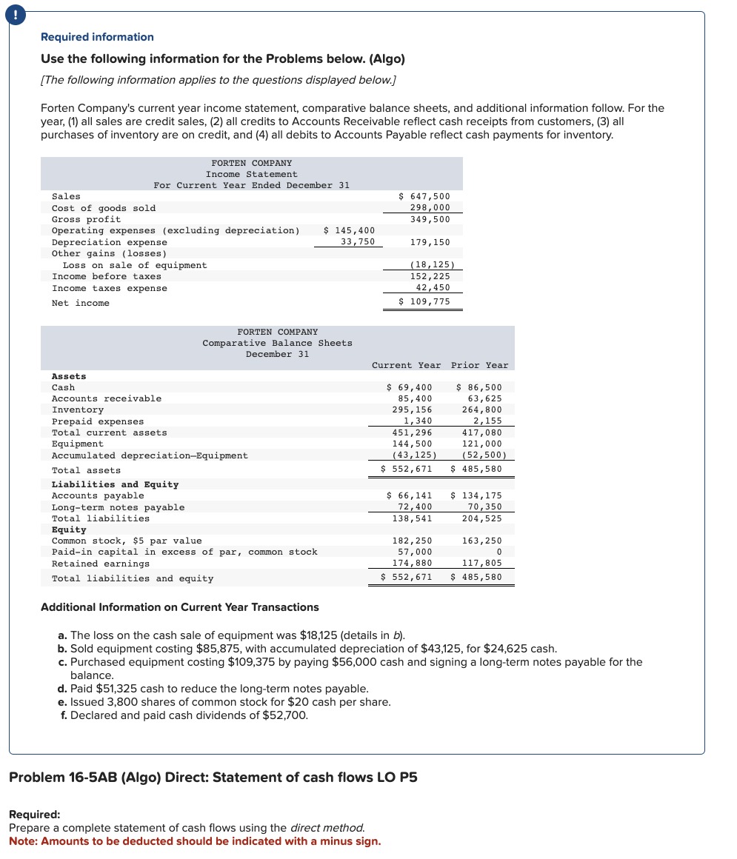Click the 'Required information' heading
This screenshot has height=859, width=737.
click(97, 37)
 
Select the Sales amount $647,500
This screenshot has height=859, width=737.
click(424, 196)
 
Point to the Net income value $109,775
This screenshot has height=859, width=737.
click(424, 302)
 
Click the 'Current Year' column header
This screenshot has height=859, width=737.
click(406, 365)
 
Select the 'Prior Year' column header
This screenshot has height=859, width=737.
click(479, 365)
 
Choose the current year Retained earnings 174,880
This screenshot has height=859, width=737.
click(412, 564)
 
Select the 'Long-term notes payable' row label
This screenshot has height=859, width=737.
click(118, 507)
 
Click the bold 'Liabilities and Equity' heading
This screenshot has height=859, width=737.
click(115, 484)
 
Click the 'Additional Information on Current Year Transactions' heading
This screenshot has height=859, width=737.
click(179, 607)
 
